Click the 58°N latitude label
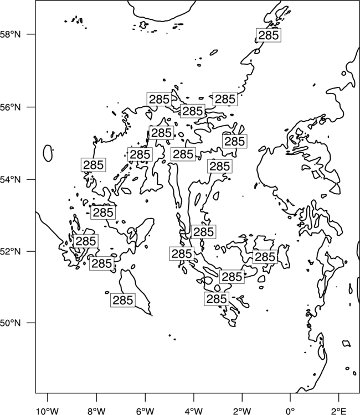pos(11,34)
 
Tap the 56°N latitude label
pos(11,107)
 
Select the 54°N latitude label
pos(11,180)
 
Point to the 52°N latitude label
pos(11,251)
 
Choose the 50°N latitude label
pos(11,323)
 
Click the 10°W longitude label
pos(48,411)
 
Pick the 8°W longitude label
pos(96,411)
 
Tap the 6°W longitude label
pos(145,411)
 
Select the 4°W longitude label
pos(194,411)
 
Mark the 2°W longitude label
pos(242,411)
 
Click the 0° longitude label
pos(290,411)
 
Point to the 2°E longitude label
pos(339,411)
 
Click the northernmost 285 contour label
pos(269,35)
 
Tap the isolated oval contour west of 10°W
pos(48,153)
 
